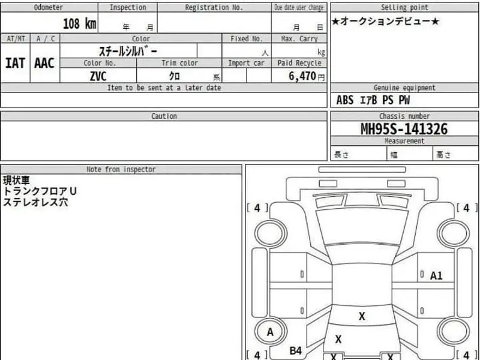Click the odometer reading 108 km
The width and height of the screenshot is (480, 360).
[x=80, y=23]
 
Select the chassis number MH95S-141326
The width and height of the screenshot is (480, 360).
[x=404, y=129]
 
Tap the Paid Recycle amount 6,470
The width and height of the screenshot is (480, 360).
[x=302, y=76]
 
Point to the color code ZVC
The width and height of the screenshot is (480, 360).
[x=98, y=76]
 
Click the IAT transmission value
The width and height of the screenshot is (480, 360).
[x=15, y=63]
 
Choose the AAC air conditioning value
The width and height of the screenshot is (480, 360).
[x=44, y=63]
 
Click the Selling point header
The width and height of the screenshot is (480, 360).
[x=404, y=7]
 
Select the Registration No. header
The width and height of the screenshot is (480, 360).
[x=214, y=7]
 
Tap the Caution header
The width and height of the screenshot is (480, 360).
[x=164, y=116]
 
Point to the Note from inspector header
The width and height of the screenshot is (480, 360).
[x=121, y=169]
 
